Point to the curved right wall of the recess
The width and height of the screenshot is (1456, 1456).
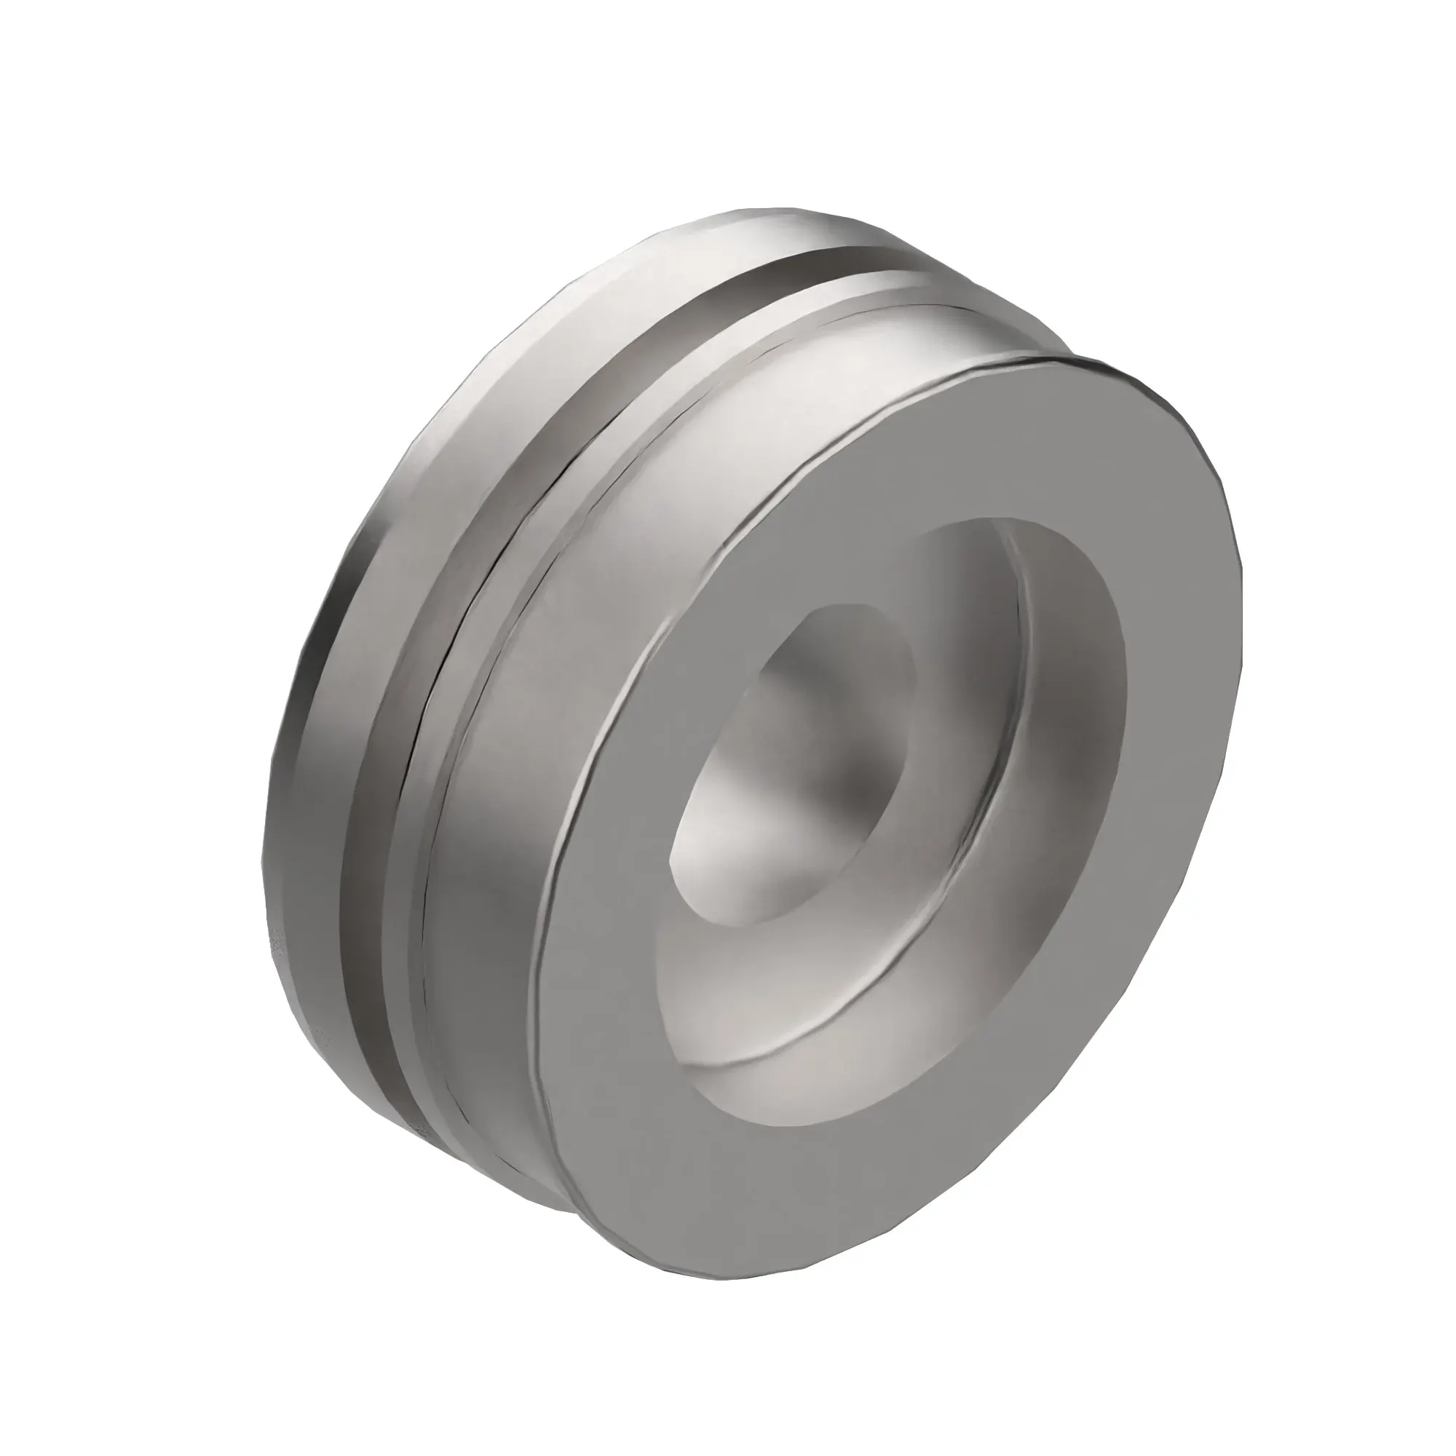click(x=1070, y=738)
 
